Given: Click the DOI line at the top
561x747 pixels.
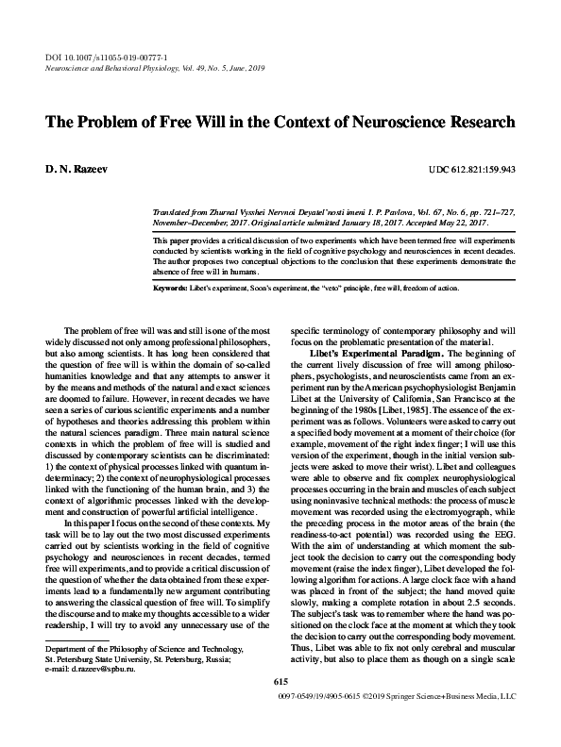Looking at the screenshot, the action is [x=80, y=59].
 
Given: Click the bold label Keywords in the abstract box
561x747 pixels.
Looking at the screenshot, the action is [x=173, y=287].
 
